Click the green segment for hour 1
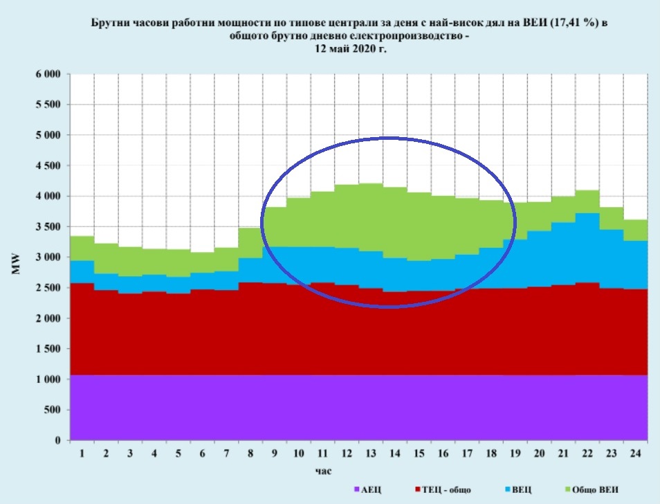[82, 248]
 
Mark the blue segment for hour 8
[250, 270]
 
